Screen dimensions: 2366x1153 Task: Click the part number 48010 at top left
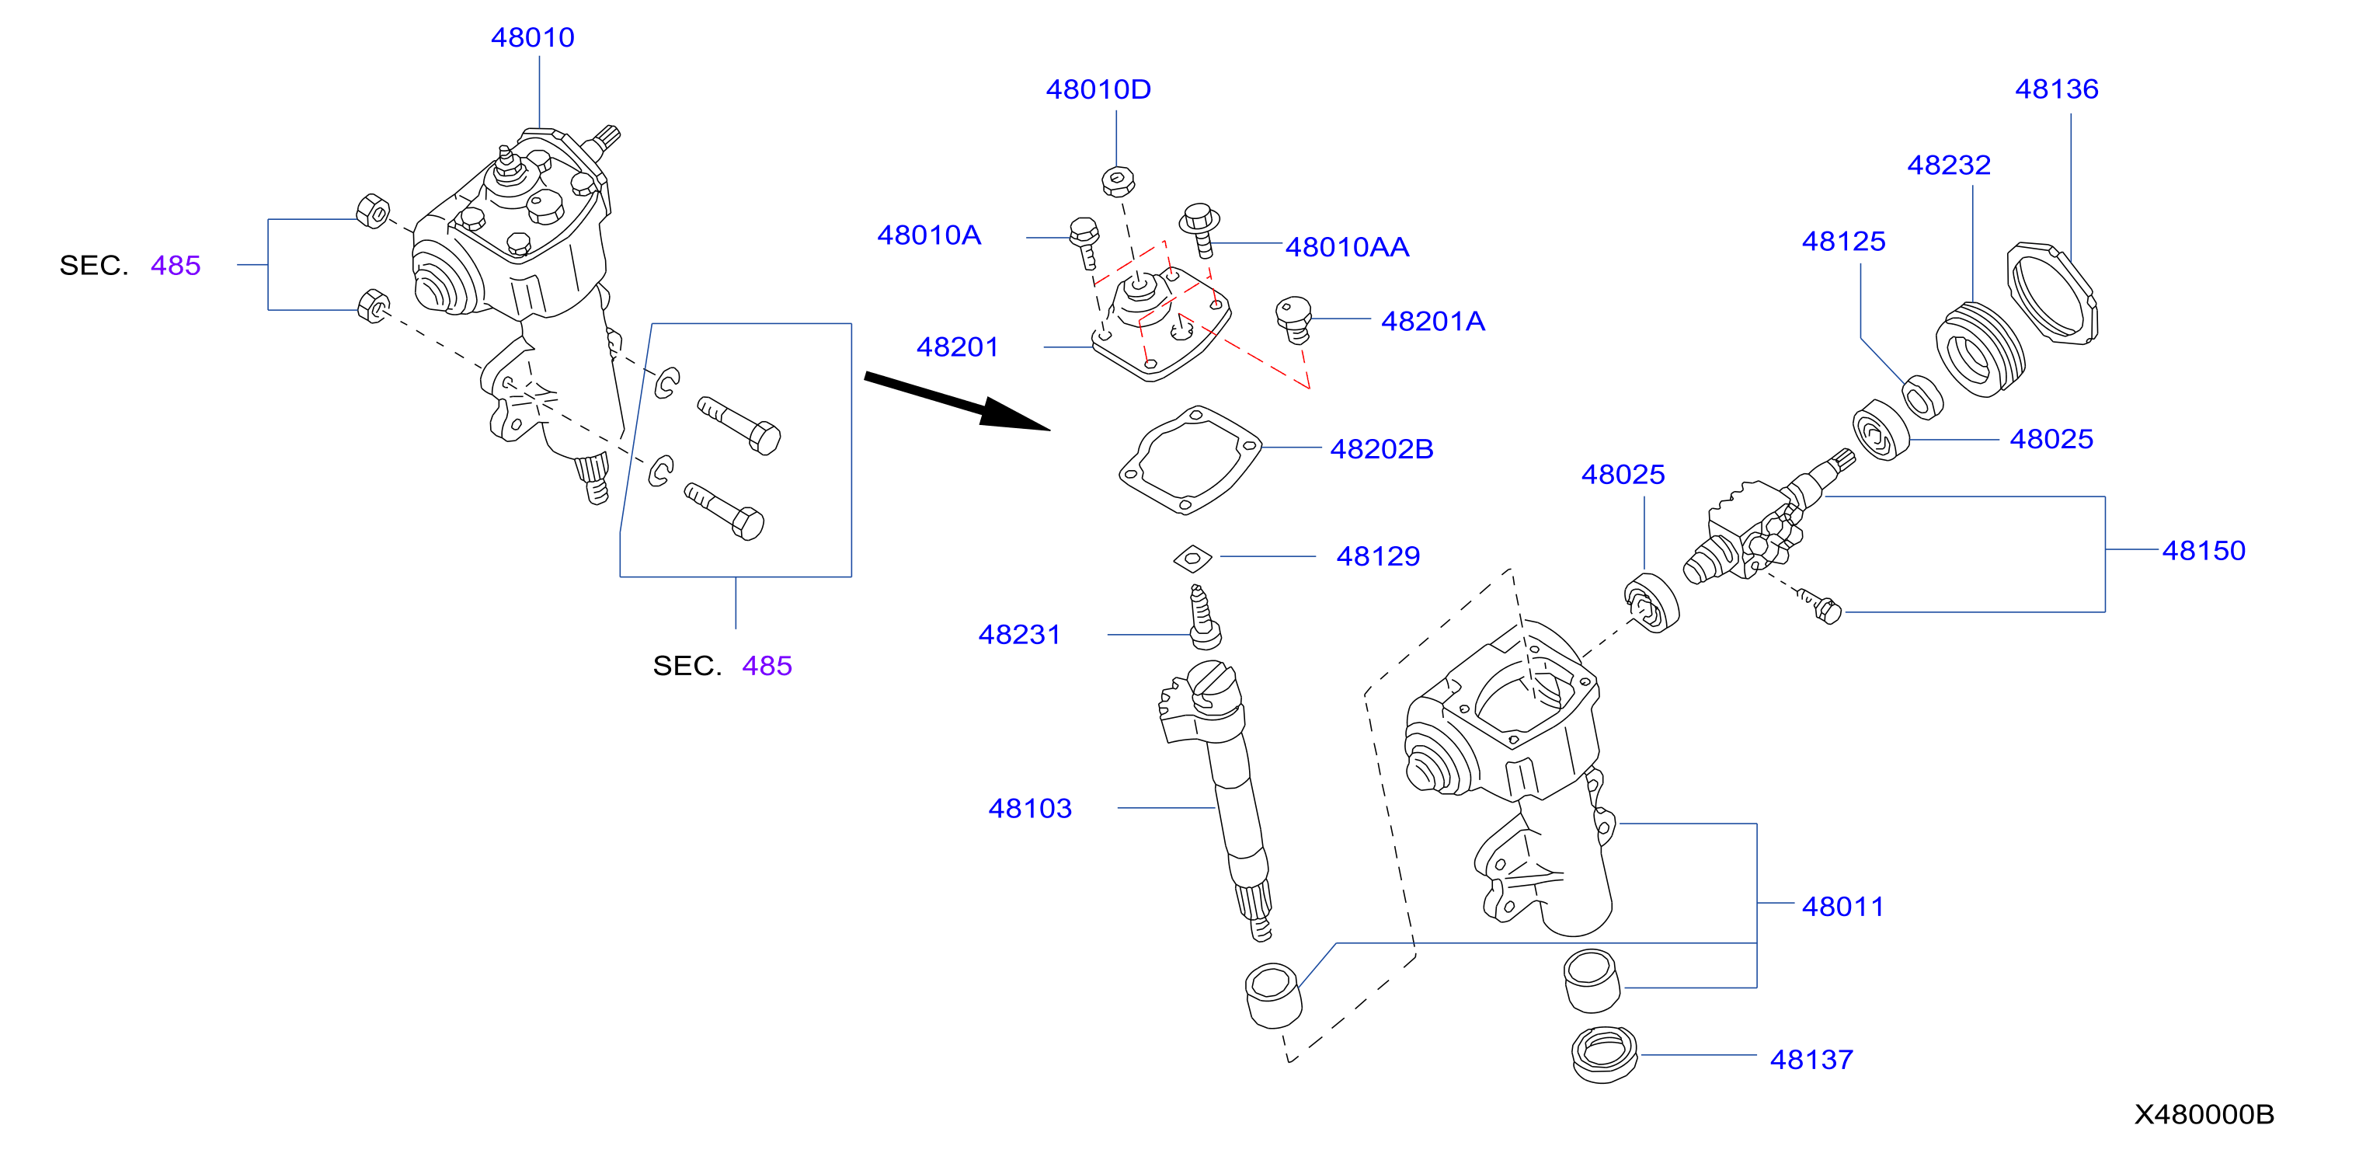click(533, 37)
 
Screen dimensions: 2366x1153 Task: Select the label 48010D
click(1098, 89)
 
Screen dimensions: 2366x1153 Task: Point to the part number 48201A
click(1433, 322)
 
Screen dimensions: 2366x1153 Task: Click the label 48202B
click(1381, 449)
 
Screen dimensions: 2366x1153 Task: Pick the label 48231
click(1020, 634)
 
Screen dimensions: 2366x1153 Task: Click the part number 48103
click(1030, 809)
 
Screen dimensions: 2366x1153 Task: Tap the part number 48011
click(1842, 907)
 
